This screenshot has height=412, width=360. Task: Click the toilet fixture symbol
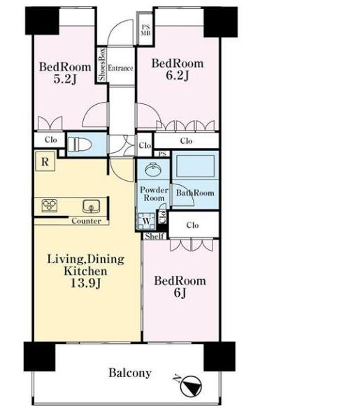click(80, 145)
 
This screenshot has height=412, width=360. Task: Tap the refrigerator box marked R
click(45, 161)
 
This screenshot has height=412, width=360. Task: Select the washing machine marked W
click(146, 221)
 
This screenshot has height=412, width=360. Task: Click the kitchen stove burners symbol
click(50, 205)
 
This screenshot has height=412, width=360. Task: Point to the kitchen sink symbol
click(92, 206)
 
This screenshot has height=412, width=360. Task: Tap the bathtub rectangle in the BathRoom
click(196, 166)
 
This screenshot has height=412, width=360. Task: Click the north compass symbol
click(191, 385)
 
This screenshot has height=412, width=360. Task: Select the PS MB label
click(145, 30)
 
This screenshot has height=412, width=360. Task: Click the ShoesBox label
click(102, 64)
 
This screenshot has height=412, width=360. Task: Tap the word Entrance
click(120, 68)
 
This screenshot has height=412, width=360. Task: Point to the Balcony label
click(130, 373)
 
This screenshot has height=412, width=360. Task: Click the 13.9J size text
click(86, 283)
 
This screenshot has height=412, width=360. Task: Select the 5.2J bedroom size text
click(65, 79)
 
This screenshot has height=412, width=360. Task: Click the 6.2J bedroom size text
click(178, 75)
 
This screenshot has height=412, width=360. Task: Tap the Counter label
click(87, 221)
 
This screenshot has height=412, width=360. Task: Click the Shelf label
click(154, 236)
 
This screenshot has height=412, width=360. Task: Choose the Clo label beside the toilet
click(51, 140)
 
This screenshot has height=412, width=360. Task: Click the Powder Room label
click(154, 193)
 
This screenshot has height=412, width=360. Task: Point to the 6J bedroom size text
click(180, 293)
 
